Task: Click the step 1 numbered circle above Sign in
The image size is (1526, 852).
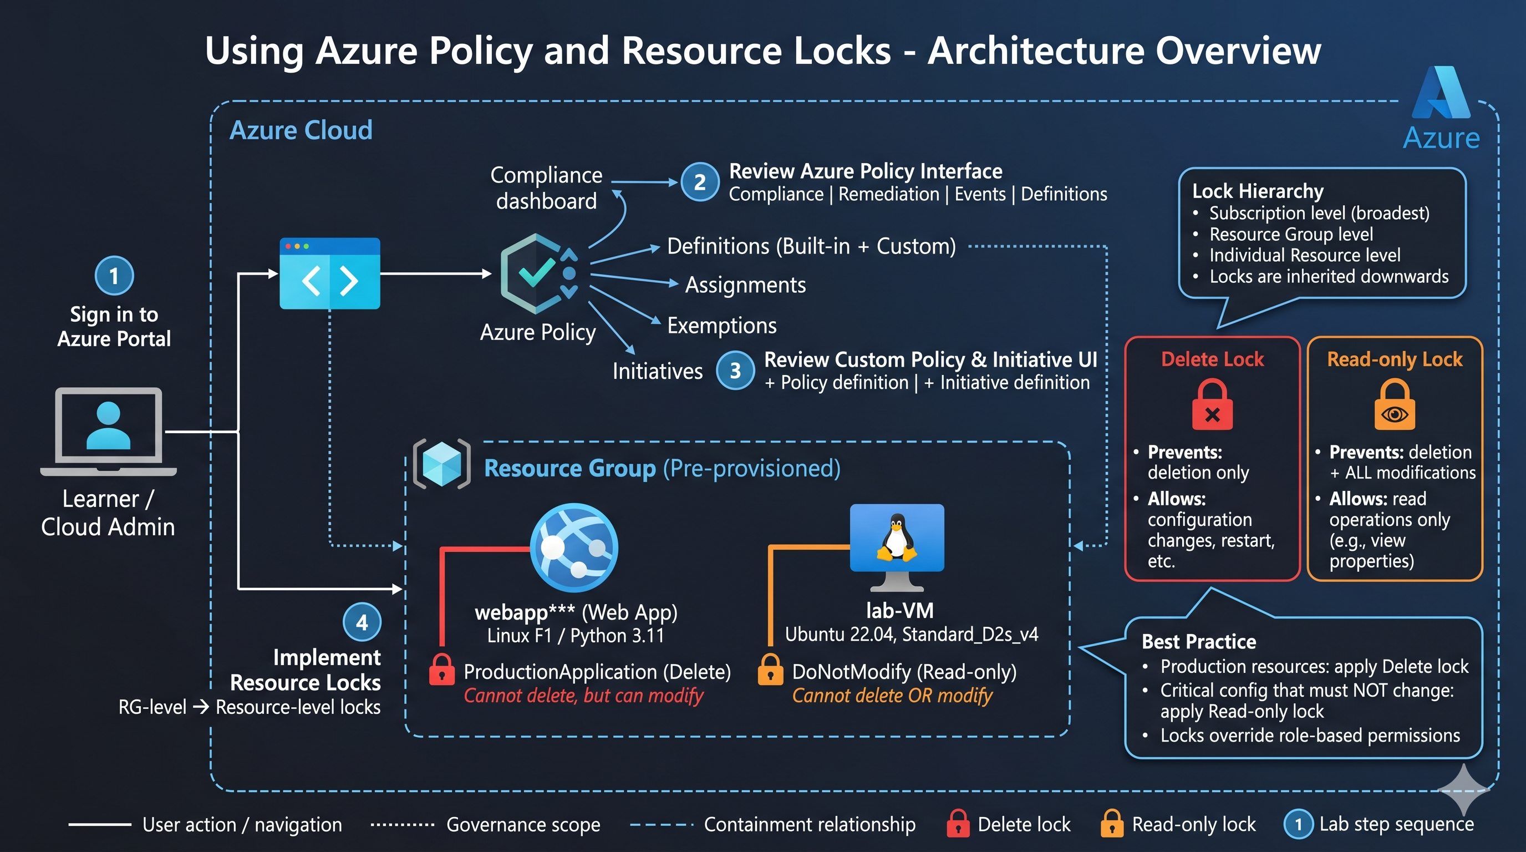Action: tap(114, 276)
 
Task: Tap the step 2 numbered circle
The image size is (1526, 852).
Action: tap(700, 182)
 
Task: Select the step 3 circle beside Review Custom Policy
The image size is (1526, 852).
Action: tap(735, 371)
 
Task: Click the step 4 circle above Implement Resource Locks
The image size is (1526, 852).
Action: tap(362, 622)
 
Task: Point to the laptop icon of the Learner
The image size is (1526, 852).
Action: tap(109, 432)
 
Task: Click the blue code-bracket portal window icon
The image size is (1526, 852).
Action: tap(330, 273)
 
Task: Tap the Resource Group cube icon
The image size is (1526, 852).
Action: tap(442, 464)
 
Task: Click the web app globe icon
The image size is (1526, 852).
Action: tap(574, 548)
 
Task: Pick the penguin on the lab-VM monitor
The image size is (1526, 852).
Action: tap(897, 537)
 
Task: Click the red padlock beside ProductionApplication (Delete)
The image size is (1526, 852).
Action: tap(442, 670)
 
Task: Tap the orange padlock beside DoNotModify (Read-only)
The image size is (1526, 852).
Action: tap(770, 670)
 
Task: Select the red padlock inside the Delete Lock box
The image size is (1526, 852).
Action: tap(1212, 405)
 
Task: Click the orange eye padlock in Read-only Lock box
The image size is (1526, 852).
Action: tap(1395, 405)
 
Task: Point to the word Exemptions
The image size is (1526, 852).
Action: tap(721, 325)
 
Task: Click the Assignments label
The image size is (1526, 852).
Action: tap(745, 285)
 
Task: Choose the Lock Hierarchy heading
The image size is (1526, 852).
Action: tap(1258, 191)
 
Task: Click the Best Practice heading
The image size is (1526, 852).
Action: tap(1199, 642)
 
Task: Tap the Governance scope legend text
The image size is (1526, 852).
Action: tap(523, 824)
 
